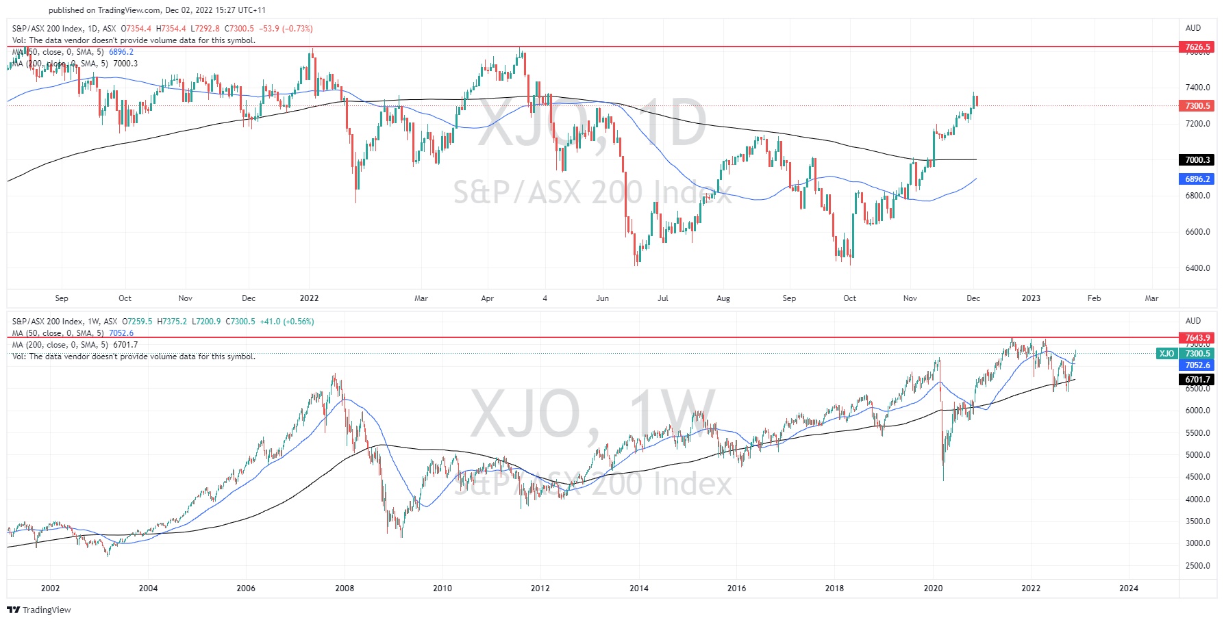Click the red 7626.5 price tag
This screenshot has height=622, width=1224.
pos(1197,47)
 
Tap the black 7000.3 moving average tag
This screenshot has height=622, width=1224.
pos(1197,160)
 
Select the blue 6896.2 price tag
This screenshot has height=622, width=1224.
pos(1197,179)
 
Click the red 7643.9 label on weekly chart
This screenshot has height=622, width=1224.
pos(1197,338)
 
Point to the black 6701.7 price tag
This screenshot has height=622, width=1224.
pos(1197,380)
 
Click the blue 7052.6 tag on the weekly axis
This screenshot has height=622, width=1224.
pos(1197,365)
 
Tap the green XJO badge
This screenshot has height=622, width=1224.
pos(1166,354)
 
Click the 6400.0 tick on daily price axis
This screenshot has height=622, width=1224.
pos(1197,268)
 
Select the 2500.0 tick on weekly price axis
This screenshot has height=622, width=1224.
pos(1197,566)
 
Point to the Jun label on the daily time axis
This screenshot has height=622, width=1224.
pos(602,298)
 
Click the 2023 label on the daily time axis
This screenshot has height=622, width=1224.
pos(1030,298)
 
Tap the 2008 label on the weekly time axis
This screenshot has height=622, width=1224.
pos(345,588)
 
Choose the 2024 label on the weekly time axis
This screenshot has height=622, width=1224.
pos(1129,588)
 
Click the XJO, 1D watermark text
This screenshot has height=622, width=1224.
pos(592,124)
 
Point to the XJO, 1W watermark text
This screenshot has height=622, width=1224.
pos(593,415)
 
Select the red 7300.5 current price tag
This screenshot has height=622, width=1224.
pos(1197,106)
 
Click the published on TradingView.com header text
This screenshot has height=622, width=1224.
pos(157,10)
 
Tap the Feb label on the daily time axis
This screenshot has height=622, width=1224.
pos(1094,298)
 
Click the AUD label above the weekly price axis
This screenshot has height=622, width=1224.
pos(1193,321)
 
